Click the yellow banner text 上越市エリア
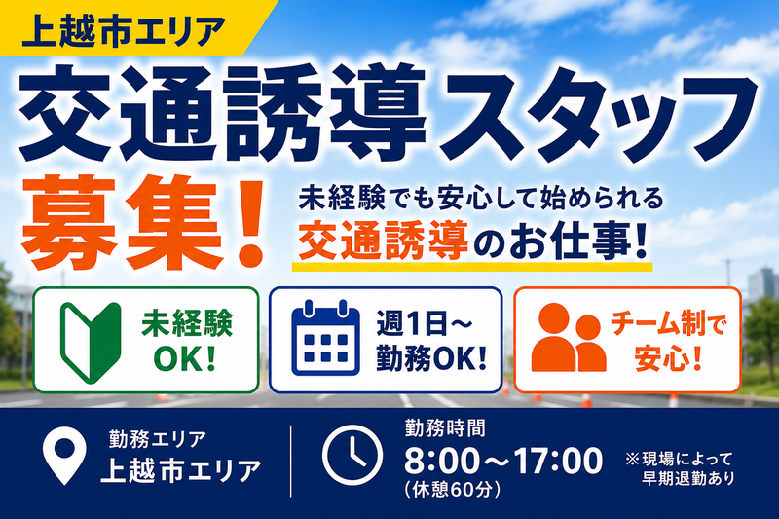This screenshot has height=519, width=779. click(124, 31)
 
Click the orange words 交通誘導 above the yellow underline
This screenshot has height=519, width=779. click(383, 241)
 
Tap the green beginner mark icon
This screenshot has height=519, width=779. click(91, 343)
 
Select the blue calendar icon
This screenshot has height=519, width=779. click(326, 337)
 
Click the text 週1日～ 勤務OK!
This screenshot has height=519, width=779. click(430, 342)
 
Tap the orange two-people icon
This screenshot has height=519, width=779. click(568, 338)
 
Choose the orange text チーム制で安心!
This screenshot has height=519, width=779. click(668, 342)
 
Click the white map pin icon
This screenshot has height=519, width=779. click(64, 456)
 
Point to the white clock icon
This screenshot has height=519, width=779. click(352, 456)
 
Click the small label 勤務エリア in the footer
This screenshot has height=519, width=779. click(157, 439)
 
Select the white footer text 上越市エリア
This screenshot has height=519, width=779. click(181, 470)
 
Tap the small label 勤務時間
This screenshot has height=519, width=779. click(445, 428)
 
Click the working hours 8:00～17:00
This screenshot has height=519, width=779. click(503, 461)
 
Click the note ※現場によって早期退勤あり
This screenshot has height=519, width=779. click(681, 467)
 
